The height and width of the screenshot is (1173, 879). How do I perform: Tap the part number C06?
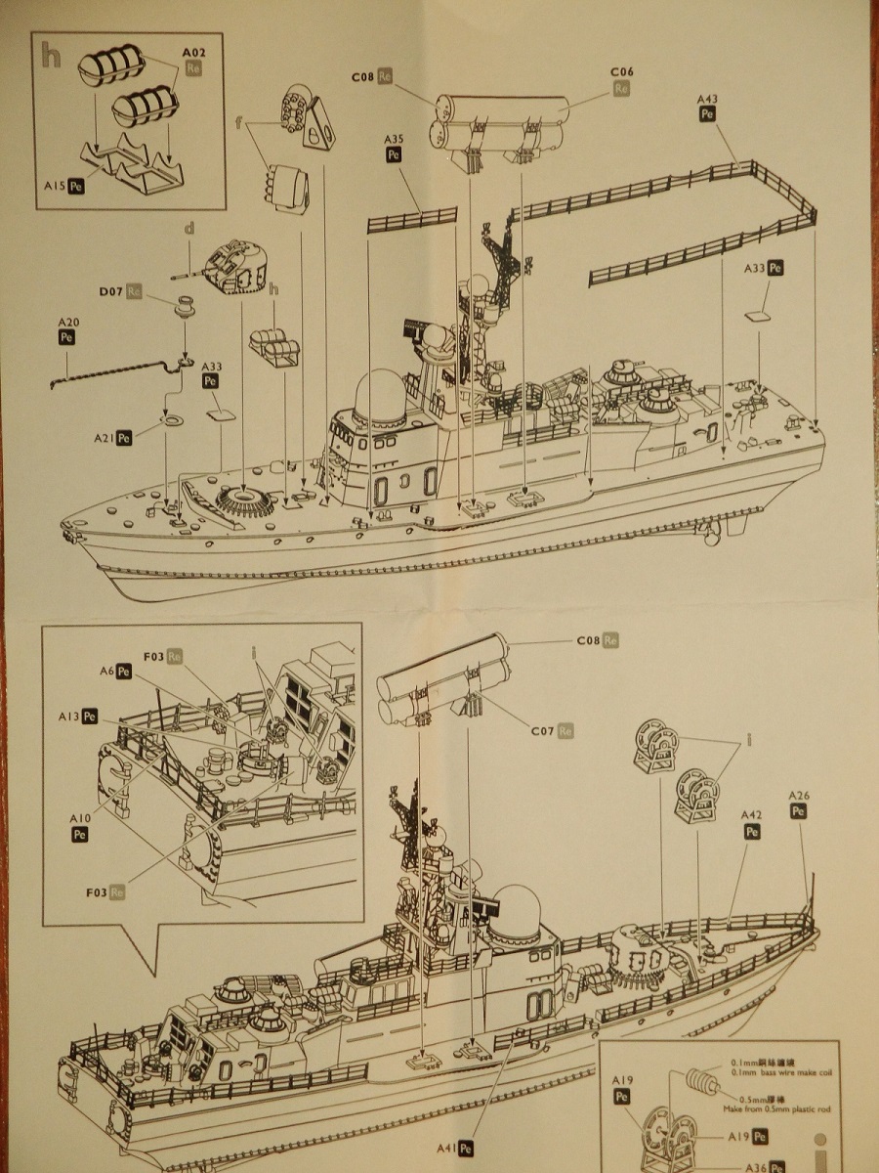(x=622, y=72)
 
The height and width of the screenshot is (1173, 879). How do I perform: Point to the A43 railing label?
(x=709, y=99)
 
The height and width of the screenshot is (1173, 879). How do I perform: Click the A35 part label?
(x=394, y=140)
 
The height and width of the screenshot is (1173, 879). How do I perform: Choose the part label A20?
(x=67, y=323)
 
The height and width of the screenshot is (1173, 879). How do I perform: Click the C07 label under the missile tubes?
(x=543, y=730)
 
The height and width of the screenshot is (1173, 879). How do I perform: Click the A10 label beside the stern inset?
(x=79, y=817)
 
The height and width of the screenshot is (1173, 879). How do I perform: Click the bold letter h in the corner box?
(x=51, y=56)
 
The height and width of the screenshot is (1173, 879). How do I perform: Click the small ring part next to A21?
(x=172, y=421)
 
